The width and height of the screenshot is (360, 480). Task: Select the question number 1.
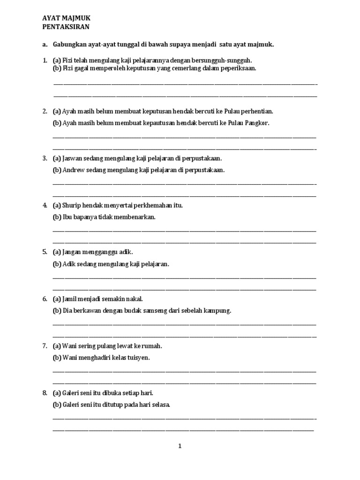(x=44, y=60)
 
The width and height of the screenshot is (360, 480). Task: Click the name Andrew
(x=74, y=170)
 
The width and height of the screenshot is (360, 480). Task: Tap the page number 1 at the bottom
(x=180, y=446)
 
